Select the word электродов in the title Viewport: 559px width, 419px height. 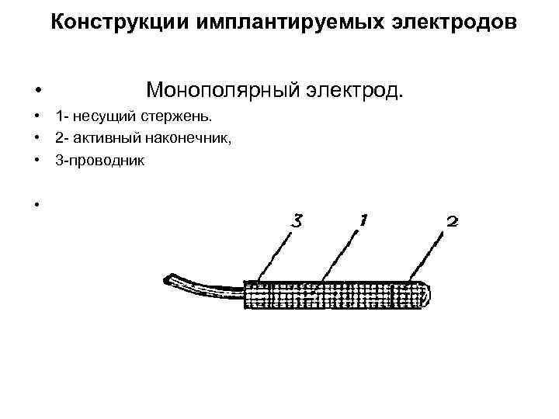click(448, 23)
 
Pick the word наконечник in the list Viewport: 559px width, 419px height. click(203, 138)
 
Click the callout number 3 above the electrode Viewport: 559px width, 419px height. click(296, 221)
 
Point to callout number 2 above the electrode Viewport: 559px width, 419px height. click(452, 222)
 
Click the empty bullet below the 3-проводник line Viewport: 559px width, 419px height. click(36, 205)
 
